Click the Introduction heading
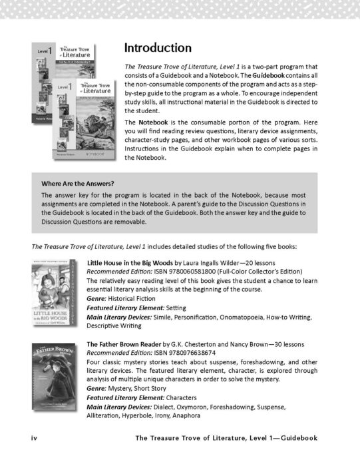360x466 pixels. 158,49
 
